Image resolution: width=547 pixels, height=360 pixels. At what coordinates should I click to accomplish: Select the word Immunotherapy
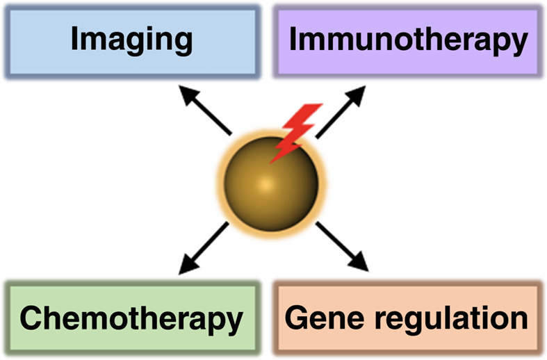click(x=408, y=41)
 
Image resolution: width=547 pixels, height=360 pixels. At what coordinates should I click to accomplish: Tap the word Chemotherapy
click(x=131, y=320)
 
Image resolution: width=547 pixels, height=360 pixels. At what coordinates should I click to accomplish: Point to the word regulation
click(x=455, y=320)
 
